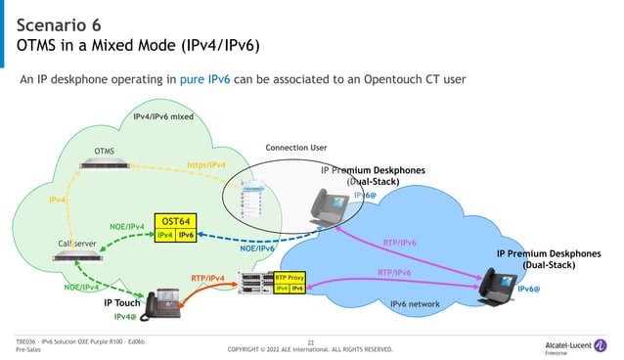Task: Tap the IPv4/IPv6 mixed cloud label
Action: click(x=163, y=117)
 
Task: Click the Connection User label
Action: click(x=296, y=148)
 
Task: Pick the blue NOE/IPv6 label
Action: click(x=257, y=248)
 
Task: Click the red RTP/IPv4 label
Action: click(x=208, y=279)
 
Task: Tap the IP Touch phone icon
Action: click(x=159, y=305)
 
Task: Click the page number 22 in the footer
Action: click(x=310, y=341)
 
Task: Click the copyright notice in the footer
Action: click(x=310, y=349)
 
